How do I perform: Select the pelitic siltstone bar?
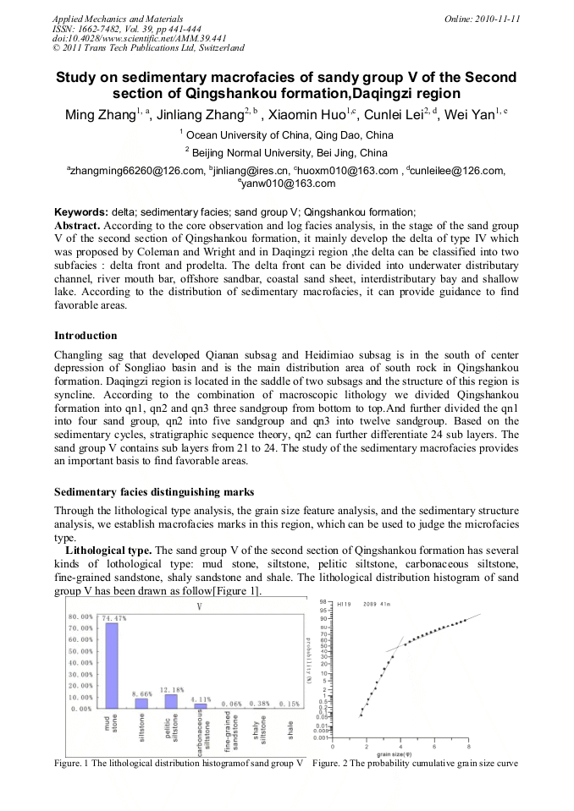[x=171, y=701]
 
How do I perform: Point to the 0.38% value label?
[x=262, y=704]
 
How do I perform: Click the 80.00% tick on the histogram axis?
[x=80, y=616]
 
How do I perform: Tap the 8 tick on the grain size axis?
[x=468, y=747]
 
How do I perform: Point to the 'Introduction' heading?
[x=86, y=336]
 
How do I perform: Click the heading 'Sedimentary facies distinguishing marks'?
[x=154, y=491]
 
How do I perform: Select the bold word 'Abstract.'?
[x=79, y=227]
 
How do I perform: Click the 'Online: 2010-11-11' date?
[x=478, y=18]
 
